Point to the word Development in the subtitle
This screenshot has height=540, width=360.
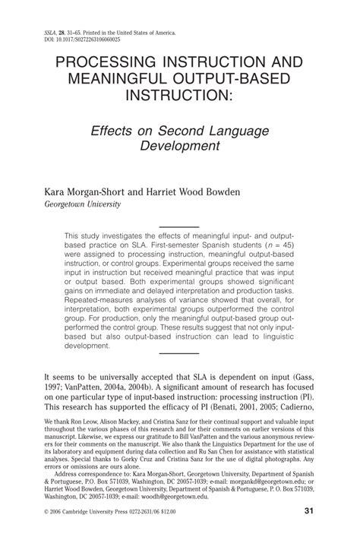coord(179,147)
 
